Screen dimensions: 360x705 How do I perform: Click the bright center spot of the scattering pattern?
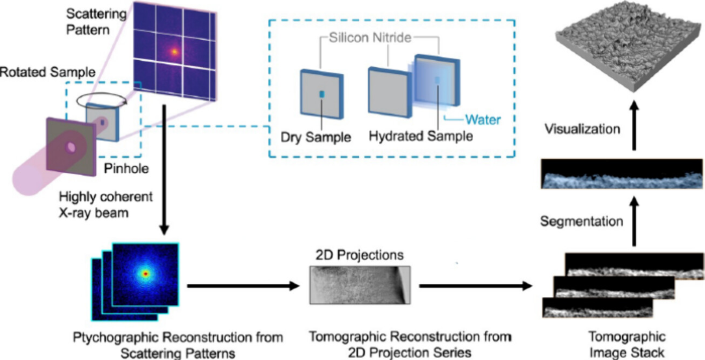[175, 52]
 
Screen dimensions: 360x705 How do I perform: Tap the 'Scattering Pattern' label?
[96, 22]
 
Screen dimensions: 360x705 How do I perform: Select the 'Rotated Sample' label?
[47, 72]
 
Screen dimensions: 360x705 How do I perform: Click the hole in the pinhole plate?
[71, 147]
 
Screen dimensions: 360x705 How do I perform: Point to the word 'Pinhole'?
[126, 169]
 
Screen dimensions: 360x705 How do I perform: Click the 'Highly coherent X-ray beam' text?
[106, 204]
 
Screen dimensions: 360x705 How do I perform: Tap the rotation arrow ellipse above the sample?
[101, 100]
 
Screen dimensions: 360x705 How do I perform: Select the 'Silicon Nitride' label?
[370, 38]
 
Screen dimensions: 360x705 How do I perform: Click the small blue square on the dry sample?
[322, 94]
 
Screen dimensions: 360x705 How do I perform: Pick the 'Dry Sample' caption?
[315, 137]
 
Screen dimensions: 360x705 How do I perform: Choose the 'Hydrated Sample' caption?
[420, 136]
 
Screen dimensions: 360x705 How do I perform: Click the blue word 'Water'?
[483, 120]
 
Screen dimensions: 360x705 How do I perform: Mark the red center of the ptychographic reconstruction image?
[146, 274]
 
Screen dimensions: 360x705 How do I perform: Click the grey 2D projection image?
[360, 285]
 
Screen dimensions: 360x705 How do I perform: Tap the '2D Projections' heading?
[359, 255]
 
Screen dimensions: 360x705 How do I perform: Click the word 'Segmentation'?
[581, 221]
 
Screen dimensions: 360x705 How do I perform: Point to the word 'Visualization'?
[582, 129]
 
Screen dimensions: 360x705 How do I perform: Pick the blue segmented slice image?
[621, 174]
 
